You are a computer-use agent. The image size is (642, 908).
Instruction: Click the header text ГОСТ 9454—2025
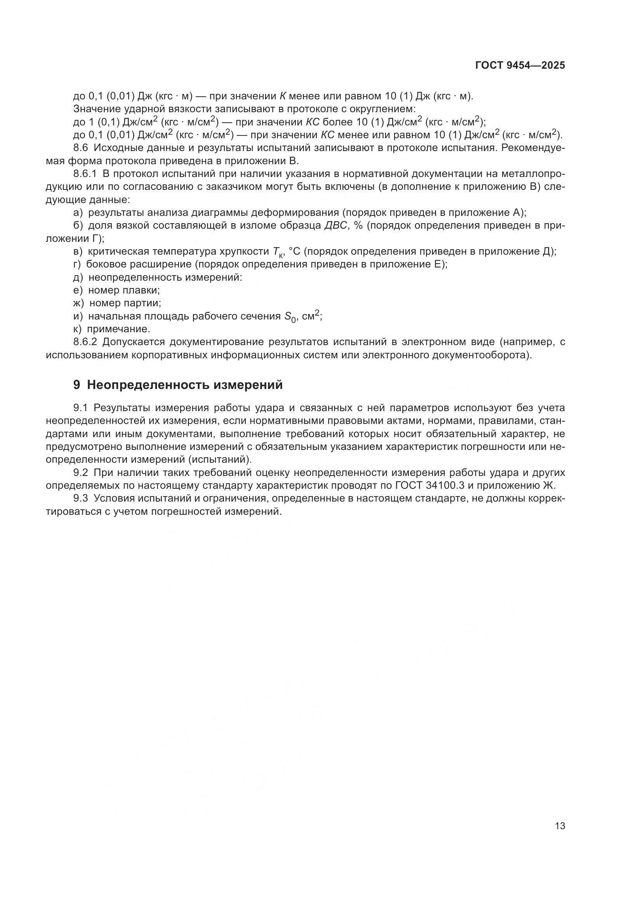click(x=520, y=66)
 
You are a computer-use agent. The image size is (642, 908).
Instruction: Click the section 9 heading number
click(x=77, y=385)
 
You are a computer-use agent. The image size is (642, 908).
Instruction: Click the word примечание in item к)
click(x=118, y=329)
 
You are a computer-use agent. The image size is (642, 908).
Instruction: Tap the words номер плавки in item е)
click(x=124, y=290)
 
